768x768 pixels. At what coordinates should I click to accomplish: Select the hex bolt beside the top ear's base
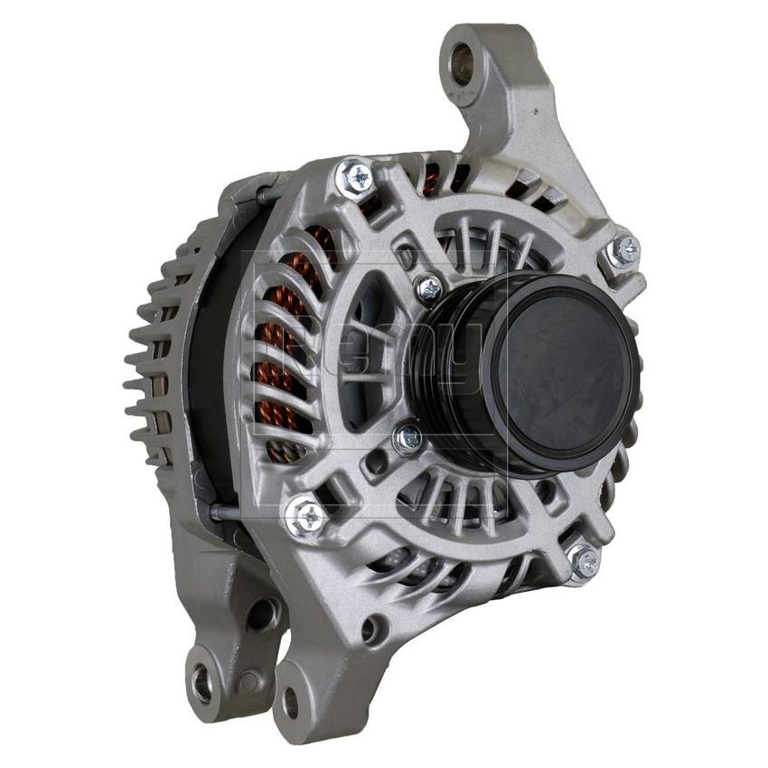(623, 250)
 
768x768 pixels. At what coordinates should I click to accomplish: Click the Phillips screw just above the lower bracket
(307, 517)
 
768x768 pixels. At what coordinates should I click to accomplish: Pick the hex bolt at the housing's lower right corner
(585, 561)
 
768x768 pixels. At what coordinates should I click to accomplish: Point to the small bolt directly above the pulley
(428, 290)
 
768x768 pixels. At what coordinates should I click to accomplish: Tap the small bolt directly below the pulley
(408, 440)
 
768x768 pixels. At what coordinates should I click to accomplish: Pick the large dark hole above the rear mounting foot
(262, 615)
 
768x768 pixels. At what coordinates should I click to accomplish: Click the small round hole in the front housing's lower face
(371, 630)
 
